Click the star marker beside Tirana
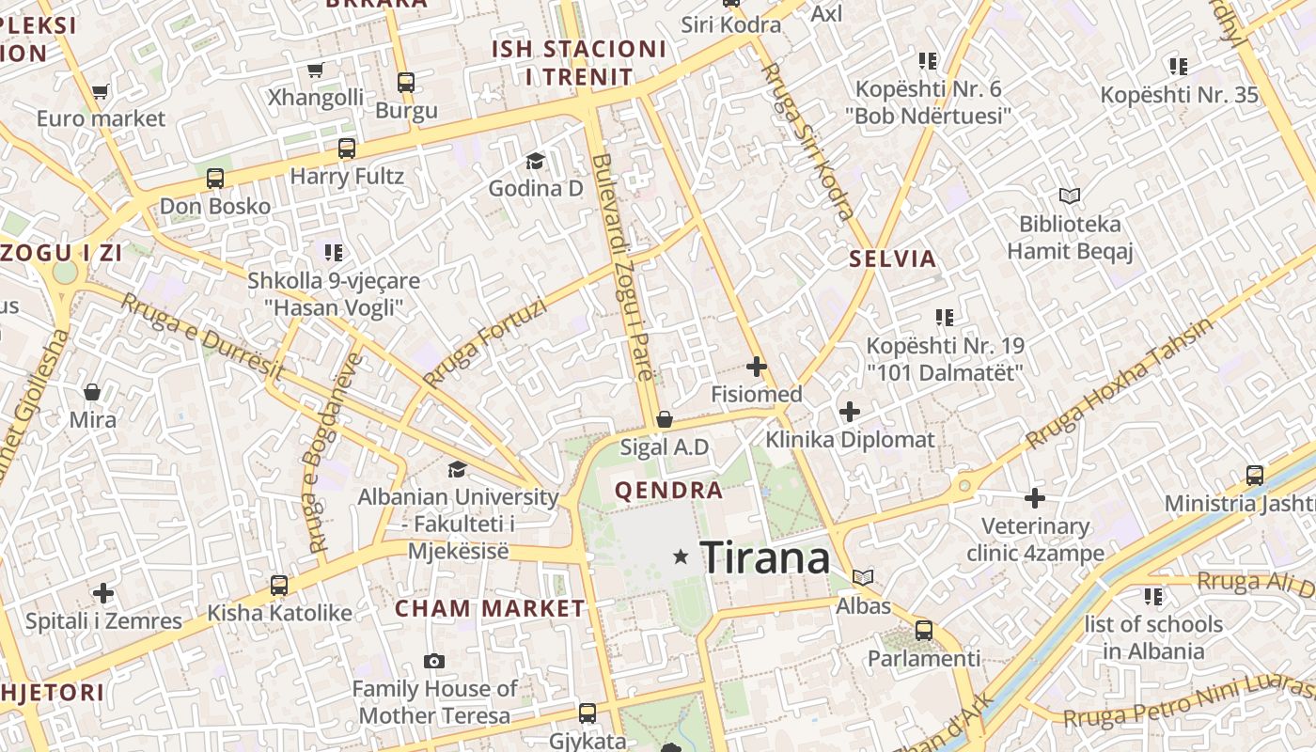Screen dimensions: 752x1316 click(x=681, y=557)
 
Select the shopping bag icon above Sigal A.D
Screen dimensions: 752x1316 click(x=665, y=418)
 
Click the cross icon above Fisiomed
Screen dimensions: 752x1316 click(x=756, y=366)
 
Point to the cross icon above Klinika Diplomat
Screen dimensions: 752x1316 click(x=850, y=411)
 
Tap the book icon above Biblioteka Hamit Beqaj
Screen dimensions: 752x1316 click(x=1069, y=196)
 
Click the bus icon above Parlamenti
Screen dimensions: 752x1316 click(x=924, y=630)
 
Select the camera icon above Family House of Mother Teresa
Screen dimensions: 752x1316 click(x=433, y=661)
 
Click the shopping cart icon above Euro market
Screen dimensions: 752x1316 click(x=101, y=91)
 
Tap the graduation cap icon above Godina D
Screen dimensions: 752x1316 click(x=535, y=161)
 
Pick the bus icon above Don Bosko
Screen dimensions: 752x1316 click(x=215, y=179)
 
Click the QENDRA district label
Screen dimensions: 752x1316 click(x=668, y=490)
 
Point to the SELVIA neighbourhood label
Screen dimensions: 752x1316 click(x=893, y=258)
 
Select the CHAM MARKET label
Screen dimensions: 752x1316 click(x=490, y=608)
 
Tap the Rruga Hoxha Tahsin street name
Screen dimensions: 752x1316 click(x=1119, y=384)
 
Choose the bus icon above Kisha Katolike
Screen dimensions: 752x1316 click(x=278, y=586)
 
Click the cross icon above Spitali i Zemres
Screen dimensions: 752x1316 click(x=103, y=593)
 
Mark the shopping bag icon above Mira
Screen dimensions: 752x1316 click(x=92, y=391)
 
